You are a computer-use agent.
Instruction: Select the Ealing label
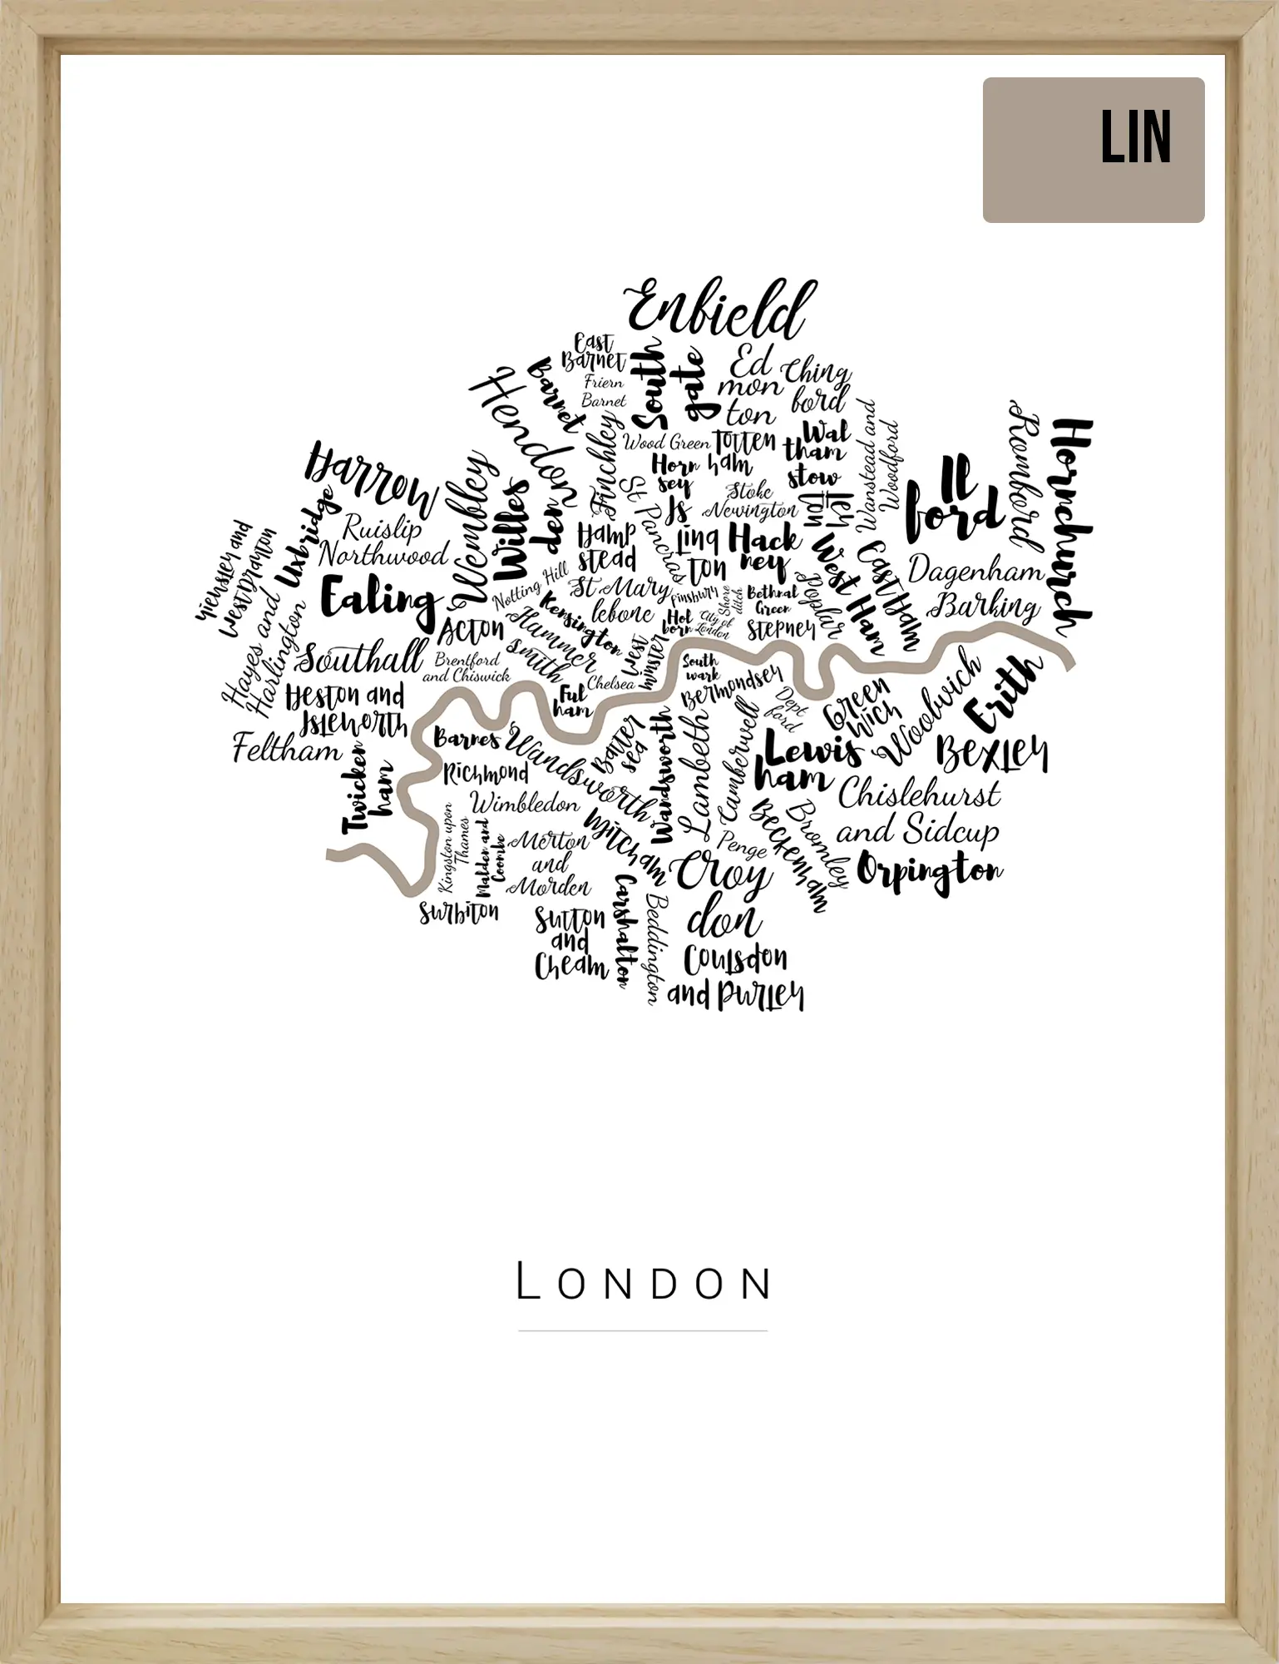click(x=378, y=600)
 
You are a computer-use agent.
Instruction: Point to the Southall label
click(x=361, y=659)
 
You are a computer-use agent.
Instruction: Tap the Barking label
click(x=985, y=607)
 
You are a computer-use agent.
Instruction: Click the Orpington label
click(x=929, y=873)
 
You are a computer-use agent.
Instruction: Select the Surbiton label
click(x=459, y=913)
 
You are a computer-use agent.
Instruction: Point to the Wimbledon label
click(x=525, y=805)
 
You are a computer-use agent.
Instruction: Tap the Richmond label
click(x=486, y=774)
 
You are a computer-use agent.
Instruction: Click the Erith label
click(x=1002, y=691)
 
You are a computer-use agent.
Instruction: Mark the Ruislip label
click(x=383, y=527)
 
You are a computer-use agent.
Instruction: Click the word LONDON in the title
click(x=643, y=1282)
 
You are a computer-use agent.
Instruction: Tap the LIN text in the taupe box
click(x=1136, y=138)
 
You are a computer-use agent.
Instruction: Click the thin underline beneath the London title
click(x=643, y=1331)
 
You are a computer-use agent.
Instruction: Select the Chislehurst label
click(x=919, y=795)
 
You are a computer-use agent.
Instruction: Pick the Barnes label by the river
click(x=467, y=739)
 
